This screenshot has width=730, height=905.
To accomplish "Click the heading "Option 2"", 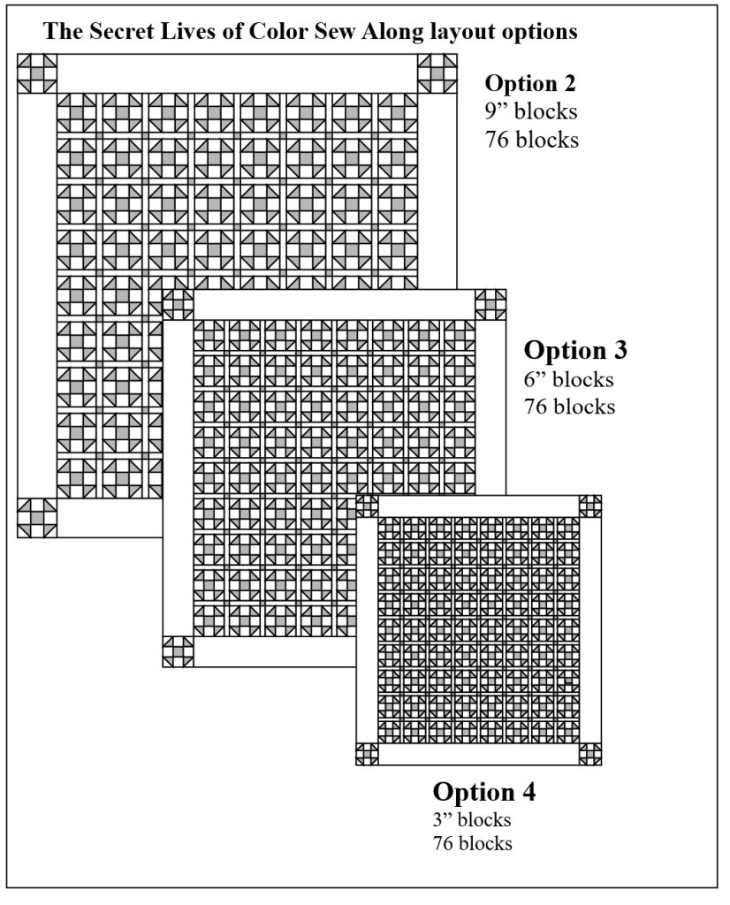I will click(531, 84).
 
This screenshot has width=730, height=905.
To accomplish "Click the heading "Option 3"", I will click(575, 350).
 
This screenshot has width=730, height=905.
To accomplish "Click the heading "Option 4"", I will click(483, 791).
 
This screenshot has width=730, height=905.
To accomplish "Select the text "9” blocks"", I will click(531, 112).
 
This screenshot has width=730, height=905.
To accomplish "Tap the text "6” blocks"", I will click(569, 380).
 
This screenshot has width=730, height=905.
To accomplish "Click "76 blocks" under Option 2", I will click(531, 140).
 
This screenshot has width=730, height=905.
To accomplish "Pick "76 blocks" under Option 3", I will click(569, 407).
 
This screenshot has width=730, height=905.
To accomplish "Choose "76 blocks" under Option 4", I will click(472, 843).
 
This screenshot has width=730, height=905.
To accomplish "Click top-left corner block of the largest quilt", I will click(37, 73).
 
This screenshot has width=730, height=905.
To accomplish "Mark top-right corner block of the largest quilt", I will click(437, 73).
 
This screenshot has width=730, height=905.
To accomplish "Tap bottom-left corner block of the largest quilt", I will click(37, 518).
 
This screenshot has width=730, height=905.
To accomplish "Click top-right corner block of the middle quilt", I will click(490, 305).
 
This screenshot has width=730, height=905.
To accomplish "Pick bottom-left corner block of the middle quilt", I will click(178, 652).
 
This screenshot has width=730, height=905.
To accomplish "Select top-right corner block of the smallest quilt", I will click(589, 506).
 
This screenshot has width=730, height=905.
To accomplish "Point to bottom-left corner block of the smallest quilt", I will click(367, 754).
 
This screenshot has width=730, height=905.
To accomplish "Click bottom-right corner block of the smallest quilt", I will click(589, 754).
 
